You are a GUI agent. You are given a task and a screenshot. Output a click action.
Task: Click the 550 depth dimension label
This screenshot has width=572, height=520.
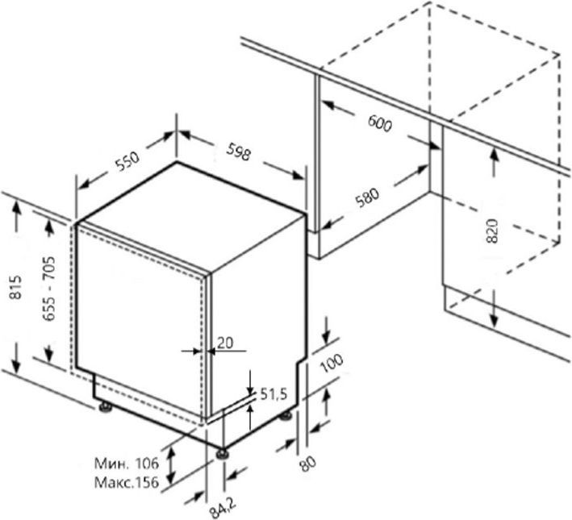click(x=127, y=161)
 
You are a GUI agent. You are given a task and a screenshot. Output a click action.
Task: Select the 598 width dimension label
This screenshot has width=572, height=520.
click(x=239, y=152)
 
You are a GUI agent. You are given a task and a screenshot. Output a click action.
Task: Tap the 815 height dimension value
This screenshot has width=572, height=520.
click(x=15, y=287)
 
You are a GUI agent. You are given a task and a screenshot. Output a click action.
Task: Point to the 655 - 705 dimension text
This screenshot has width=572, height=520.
click(x=49, y=288)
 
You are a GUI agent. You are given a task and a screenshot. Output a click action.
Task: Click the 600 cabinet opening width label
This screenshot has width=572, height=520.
click(x=380, y=123)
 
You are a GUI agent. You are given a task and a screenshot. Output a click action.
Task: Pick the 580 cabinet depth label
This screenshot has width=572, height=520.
click(x=367, y=197)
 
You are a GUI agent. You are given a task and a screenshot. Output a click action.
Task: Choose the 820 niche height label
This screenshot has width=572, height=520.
click(x=492, y=231)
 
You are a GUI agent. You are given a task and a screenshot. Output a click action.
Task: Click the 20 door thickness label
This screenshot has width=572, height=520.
click(x=225, y=343)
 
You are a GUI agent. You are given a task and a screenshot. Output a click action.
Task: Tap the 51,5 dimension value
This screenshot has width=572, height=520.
click(x=273, y=394)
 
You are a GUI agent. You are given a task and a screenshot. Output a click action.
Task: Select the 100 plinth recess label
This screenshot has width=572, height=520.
click(x=332, y=363)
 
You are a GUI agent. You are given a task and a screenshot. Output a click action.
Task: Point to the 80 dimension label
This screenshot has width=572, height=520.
click(x=307, y=464)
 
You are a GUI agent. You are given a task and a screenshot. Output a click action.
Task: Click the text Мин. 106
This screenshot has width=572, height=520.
click(x=127, y=464)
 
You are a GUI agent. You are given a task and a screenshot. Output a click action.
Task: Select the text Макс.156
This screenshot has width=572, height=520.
click(x=127, y=482)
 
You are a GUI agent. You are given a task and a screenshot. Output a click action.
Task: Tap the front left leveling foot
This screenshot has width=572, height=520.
click(x=222, y=453)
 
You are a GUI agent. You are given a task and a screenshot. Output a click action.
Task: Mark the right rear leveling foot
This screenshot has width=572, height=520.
click(x=286, y=415)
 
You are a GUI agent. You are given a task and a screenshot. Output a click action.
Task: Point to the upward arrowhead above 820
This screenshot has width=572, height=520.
click(x=494, y=157)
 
